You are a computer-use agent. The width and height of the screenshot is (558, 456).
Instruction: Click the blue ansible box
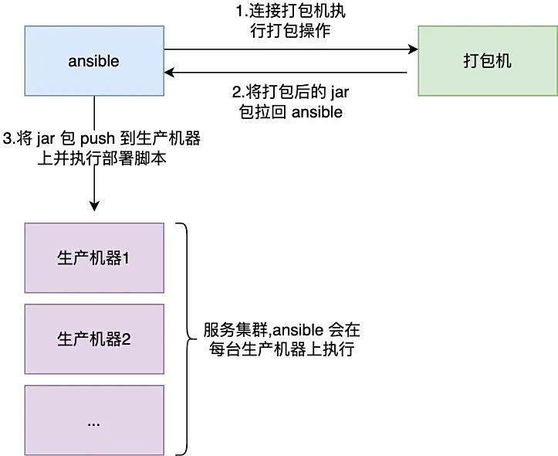point(94,60)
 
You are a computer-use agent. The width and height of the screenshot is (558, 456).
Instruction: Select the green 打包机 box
point(488,60)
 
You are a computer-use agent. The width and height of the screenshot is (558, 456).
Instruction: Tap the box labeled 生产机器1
point(94,258)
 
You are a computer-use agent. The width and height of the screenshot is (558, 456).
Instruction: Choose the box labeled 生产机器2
point(94,339)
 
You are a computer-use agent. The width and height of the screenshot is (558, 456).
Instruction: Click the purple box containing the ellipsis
point(94,420)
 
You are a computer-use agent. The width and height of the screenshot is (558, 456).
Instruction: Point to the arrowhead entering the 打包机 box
point(413,49)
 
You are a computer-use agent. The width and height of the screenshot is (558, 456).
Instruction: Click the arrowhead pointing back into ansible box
point(169,73)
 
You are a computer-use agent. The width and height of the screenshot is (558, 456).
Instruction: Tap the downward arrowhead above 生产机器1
point(94,206)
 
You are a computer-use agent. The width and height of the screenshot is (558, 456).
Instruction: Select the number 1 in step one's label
point(240,12)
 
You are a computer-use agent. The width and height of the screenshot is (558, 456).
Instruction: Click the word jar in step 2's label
point(340,93)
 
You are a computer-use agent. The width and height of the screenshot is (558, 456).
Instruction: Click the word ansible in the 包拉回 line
point(317,112)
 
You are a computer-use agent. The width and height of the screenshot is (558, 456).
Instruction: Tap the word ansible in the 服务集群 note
point(298,330)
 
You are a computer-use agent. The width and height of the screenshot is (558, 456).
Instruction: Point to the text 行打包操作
point(290,31)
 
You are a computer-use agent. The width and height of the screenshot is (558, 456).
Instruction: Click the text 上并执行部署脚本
point(102,158)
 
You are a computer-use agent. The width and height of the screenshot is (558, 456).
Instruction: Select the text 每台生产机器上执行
point(281,349)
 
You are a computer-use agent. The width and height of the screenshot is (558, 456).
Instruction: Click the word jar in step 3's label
point(46,139)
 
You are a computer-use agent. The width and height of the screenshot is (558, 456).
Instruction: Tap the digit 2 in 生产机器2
point(127,339)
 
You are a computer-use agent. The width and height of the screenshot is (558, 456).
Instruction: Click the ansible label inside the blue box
point(93,61)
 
